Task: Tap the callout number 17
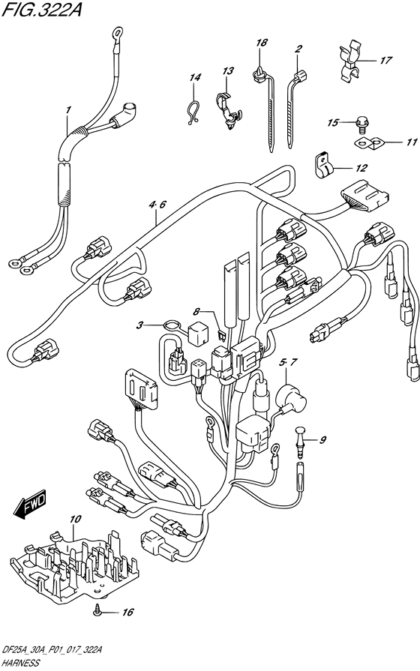(x=385, y=60)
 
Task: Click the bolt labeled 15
(x=361, y=124)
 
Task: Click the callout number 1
(x=67, y=110)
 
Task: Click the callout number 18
(x=262, y=43)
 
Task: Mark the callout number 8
(x=196, y=311)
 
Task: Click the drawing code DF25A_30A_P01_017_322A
(x=52, y=652)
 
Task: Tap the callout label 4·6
(x=157, y=205)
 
